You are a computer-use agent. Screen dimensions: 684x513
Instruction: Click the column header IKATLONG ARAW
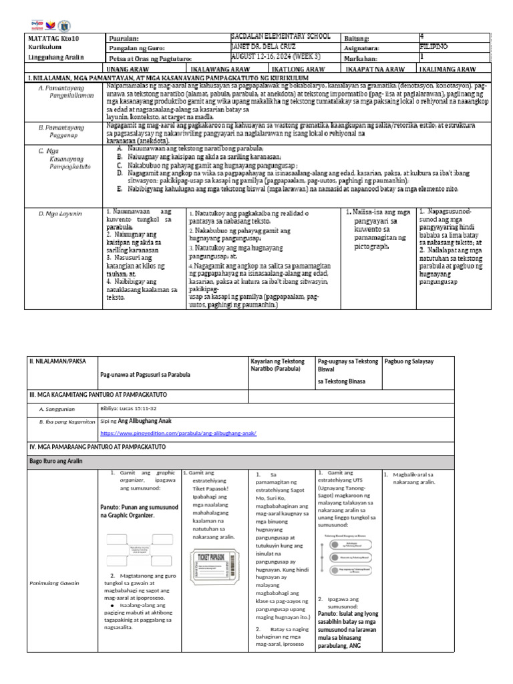tap(299, 69)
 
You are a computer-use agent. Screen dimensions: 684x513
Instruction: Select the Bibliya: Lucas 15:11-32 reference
tap(128, 407)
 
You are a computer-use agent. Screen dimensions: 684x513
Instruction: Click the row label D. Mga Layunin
tap(60, 213)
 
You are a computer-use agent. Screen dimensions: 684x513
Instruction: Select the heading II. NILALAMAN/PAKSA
tap(54, 361)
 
